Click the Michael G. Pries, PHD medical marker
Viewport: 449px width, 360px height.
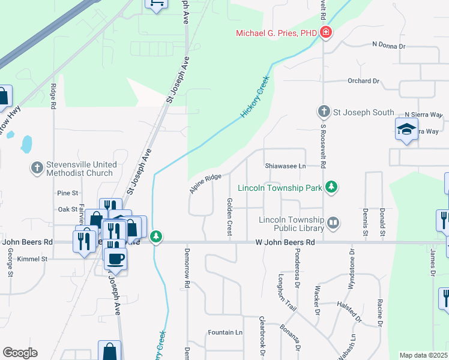click(x=326, y=33)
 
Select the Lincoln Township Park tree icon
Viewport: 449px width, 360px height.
click(x=331, y=188)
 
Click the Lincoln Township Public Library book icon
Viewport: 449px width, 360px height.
click(x=333, y=224)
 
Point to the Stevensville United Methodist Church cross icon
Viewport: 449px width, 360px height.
click(x=37, y=169)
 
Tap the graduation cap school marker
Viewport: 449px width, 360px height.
click(x=406, y=129)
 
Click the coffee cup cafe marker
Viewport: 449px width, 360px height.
click(x=115, y=259)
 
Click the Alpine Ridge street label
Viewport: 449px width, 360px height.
click(x=206, y=182)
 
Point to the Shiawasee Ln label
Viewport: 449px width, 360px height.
click(x=285, y=166)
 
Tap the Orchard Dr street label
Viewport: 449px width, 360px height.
click(x=364, y=80)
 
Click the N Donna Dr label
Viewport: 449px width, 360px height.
click(x=388, y=45)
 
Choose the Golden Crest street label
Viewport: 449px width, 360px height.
click(x=229, y=217)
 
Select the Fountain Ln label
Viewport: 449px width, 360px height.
click(x=225, y=332)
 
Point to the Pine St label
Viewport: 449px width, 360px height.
click(x=67, y=193)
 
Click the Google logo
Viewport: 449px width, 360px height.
click(x=20, y=353)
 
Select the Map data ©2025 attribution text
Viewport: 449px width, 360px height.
click(x=424, y=355)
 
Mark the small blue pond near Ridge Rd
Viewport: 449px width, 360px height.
click(x=26, y=144)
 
